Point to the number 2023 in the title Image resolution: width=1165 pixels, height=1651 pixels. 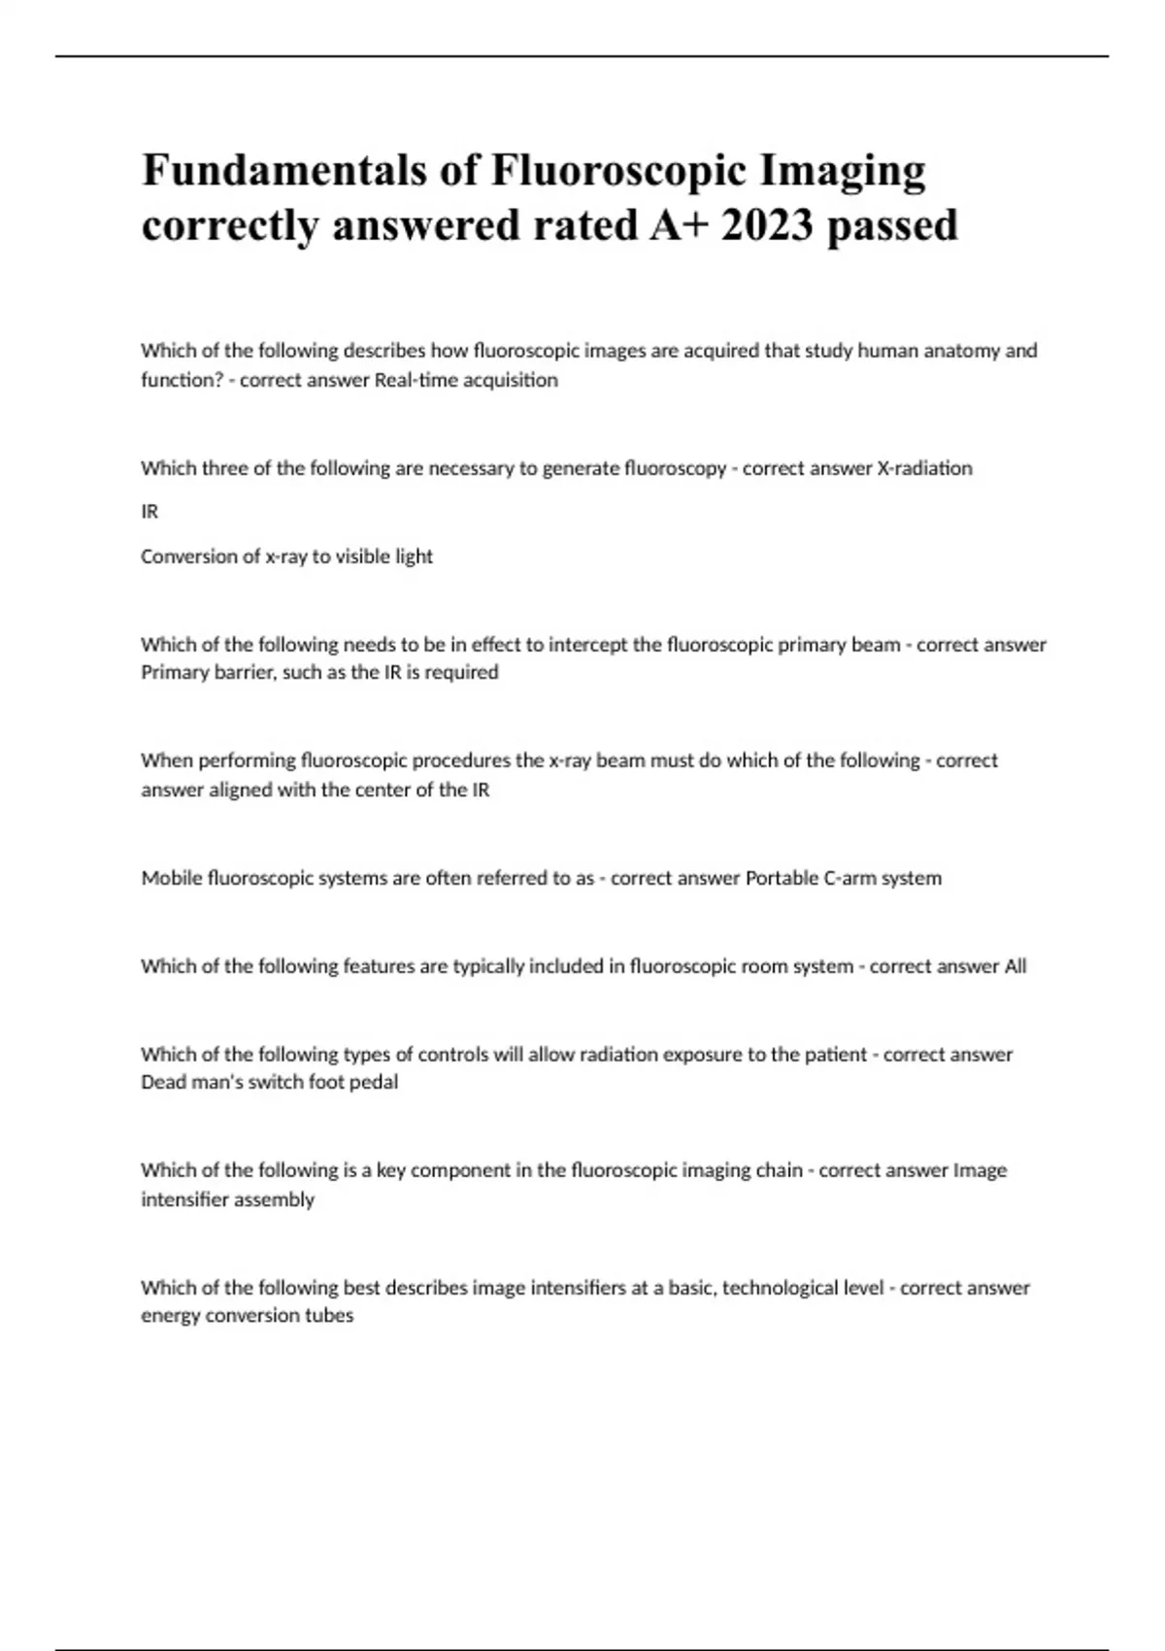click(x=767, y=225)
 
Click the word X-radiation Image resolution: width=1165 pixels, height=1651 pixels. click(x=924, y=468)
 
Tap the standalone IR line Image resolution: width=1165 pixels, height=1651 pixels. click(x=150, y=511)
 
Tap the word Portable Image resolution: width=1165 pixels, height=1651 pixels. click(x=782, y=878)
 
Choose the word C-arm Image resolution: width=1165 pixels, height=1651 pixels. click(x=849, y=878)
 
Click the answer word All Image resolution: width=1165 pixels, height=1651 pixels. click(x=1015, y=966)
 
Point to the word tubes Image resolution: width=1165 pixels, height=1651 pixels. click(x=332, y=1316)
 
